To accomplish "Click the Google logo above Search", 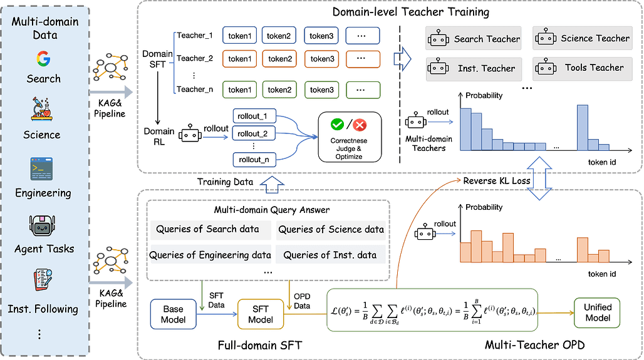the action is point(43,59).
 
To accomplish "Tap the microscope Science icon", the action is point(41,109).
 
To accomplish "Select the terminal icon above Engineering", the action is point(41,168).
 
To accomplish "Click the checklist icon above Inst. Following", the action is point(43,279).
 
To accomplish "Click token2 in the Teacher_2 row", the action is point(280,59).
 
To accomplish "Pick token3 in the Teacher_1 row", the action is point(321,36).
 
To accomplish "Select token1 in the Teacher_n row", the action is point(239,90).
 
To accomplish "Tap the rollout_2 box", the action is point(254,134).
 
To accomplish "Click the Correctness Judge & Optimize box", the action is point(350,137).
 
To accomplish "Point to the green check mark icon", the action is point(337,124).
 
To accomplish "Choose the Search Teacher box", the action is point(473,39).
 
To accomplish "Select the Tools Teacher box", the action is point(583,68).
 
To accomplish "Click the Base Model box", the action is point(173,314).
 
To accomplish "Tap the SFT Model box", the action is point(261,314).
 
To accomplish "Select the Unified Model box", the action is point(597,313).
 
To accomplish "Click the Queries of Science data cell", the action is point(331,230).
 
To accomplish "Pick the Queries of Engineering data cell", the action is point(210,255).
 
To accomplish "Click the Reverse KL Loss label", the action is point(497,181).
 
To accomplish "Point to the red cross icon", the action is point(360,125).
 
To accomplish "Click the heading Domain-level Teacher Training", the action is point(411,12).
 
